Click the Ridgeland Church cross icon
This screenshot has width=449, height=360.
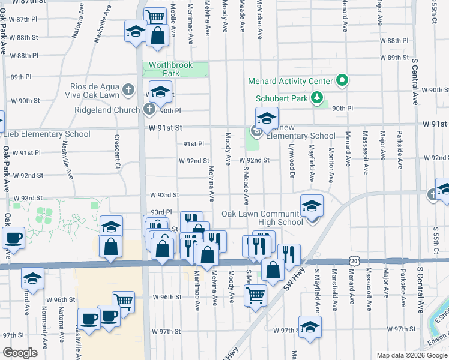149,110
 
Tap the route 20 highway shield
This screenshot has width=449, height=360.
354,260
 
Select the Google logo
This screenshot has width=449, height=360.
20,352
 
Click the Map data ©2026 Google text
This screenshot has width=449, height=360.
411,355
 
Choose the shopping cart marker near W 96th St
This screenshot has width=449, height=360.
123,301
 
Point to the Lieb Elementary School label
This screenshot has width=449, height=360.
45,134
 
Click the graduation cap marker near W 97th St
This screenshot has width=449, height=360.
310,327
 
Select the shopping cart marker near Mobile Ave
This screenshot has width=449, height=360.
155,16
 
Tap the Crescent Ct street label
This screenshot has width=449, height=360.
118,151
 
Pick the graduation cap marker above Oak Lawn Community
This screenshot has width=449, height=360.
311,206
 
